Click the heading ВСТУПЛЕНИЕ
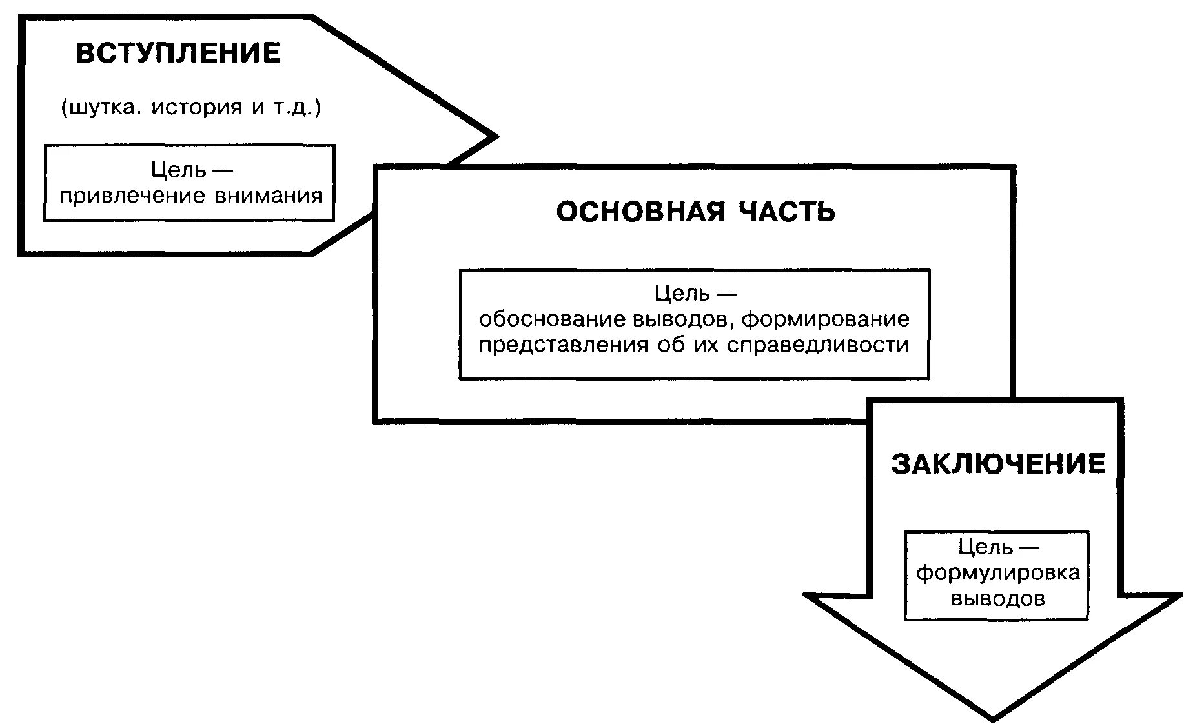(x=178, y=53)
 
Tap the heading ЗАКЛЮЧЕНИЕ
(x=998, y=464)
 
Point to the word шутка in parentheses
(x=101, y=107)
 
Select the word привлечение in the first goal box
(x=132, y=196)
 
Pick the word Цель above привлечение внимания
(x=178, y=170)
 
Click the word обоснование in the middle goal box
(x=552, y=319)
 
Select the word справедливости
(x=817, y=345)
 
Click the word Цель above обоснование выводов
(x=682, y=294)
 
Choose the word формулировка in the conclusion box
(x=997, y=573)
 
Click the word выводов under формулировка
(x=997, y=599)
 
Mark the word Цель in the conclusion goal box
(x=985, y=547)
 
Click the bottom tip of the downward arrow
(x=993, y=718)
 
